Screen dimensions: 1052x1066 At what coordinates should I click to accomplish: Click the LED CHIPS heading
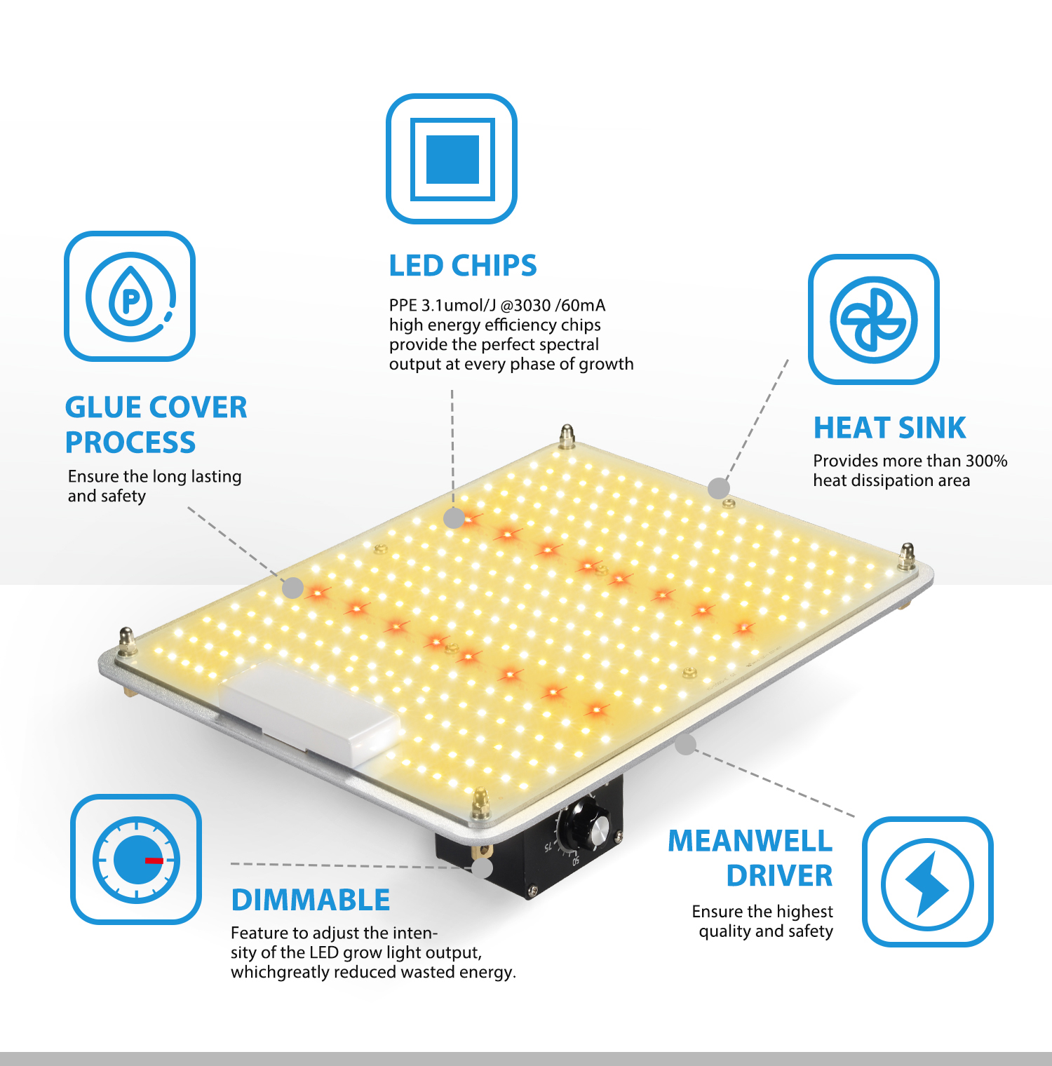click(463, 266)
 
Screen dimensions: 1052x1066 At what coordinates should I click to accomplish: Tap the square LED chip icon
click(452, 159)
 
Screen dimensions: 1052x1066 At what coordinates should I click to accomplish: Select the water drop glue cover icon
click(130, 297)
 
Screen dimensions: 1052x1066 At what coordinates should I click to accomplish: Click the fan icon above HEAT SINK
click(874, 320)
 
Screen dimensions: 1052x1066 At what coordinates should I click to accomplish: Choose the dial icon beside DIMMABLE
click(136, 860)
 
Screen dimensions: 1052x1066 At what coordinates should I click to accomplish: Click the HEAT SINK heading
click(889, 428)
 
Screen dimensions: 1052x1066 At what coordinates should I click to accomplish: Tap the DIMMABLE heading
click(311, 900)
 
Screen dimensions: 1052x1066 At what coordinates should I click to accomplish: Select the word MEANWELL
click(750, 841)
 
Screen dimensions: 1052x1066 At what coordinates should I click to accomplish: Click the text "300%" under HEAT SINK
click(986, 461)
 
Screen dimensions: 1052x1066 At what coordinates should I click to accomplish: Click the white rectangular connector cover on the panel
click(309, 713)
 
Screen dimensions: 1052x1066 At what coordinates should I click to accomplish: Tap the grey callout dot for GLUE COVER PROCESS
click(292, 588)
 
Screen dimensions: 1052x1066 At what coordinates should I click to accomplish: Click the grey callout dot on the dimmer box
click(483, 868)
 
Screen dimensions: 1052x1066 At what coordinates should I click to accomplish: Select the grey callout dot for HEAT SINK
click(719, 488)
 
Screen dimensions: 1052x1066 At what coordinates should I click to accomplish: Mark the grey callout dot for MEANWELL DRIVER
click(686, 744)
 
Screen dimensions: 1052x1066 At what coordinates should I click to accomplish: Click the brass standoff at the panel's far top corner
click(567, 436)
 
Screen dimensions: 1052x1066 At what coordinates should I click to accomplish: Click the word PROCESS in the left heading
click(130, 443)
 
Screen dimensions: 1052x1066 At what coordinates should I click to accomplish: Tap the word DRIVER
click(779, 876)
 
